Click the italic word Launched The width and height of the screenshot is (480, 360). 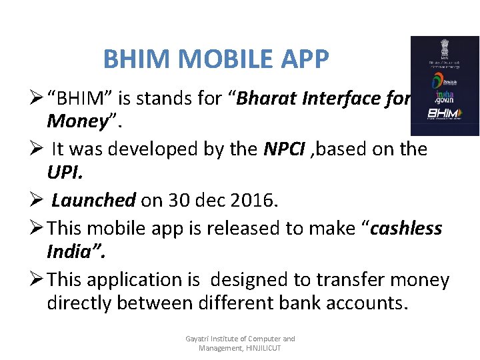pyautogui.click(x=94, y=201)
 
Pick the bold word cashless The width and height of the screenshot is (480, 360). pyautogui.click(x=406, y=228)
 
